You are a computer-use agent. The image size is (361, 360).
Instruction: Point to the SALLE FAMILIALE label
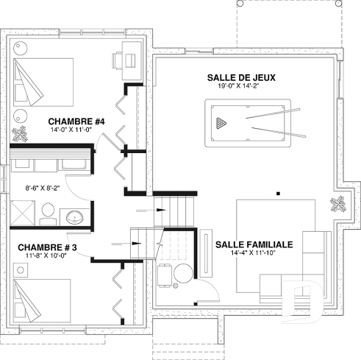(254, 244)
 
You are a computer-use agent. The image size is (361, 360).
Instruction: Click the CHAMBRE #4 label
(77, 121)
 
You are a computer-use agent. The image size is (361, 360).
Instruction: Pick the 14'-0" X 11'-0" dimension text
(77, 130)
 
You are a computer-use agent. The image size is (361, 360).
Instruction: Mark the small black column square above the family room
(277, 194)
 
